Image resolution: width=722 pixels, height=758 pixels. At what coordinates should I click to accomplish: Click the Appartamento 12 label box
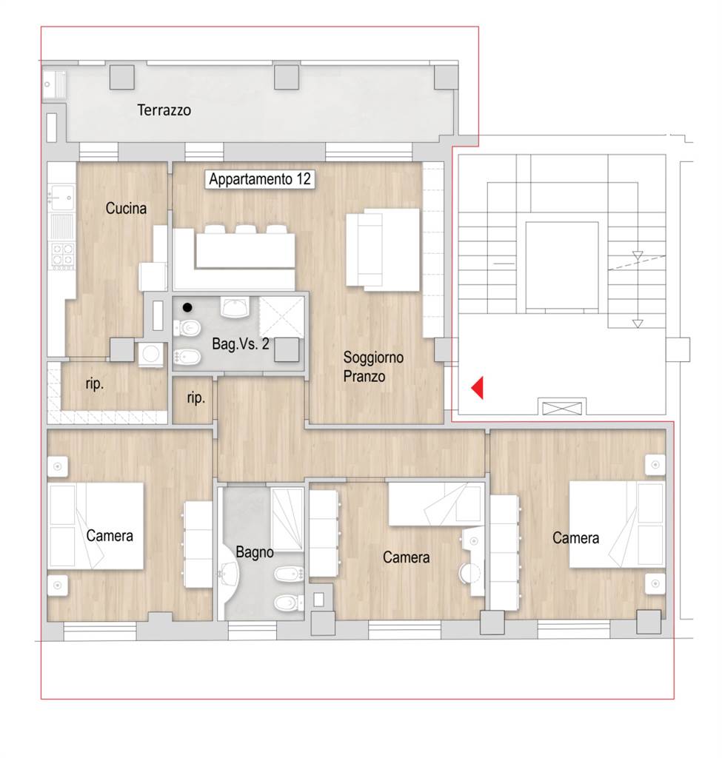pyautogui.click(x=260, y=179)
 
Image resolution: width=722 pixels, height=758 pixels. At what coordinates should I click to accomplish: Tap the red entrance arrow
pyautogui.click(x=478, y=388)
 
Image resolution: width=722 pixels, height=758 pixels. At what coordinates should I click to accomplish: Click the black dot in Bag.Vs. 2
pyautogui.click(x=187, y=307)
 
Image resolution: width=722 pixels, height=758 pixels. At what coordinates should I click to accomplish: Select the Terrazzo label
pyautogui.click(x=164, y=110)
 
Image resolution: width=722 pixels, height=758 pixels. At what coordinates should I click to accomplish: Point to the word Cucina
pyautogui.click(x=126, y=208)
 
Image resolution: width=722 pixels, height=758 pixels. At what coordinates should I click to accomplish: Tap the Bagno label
pyautogui.click(x=255, y=552)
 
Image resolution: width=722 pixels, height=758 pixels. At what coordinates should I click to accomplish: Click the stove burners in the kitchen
pyautogui.click(x=64, y=255)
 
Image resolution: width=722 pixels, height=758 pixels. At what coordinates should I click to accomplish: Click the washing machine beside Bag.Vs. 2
pyautogui.click(x=151, y=355)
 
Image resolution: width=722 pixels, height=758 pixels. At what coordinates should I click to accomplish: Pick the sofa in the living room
pyautogui.click(x=383, y=250)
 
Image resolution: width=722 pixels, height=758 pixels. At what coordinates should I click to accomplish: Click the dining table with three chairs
pyautogui.click(x=245, y=250)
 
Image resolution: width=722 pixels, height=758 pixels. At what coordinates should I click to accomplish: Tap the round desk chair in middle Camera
pyautogui.click(x=469, y=572)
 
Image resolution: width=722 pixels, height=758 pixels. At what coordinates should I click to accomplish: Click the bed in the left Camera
pyautogui.click(x=96, y=526)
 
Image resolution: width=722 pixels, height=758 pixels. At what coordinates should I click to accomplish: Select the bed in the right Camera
pyautogui.click(x=616, y=524)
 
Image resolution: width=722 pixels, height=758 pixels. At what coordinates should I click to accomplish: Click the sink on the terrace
pyautogui.click(x=54, y=84)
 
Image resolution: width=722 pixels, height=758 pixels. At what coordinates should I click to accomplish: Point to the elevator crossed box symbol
pyautogui.click(x=562, y=409)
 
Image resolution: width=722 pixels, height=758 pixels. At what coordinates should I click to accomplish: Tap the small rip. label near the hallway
pyautogui.click(x=195, y=398)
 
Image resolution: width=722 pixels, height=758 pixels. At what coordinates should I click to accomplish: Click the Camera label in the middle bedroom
pyautogui.click(x=407, y=557)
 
